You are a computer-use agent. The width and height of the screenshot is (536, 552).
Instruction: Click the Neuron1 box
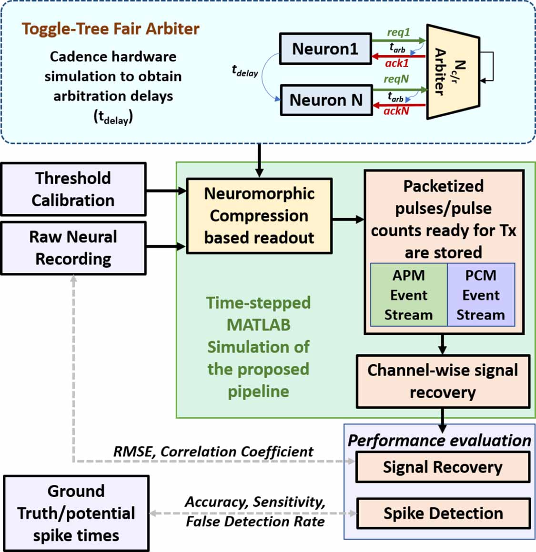pyautogui.click(x=325, y=49)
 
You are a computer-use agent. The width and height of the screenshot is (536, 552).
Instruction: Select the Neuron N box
pyautogui.click(x=326, y=100)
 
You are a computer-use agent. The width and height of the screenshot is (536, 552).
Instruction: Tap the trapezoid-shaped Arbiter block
pyautogui.click(x=450, y=71)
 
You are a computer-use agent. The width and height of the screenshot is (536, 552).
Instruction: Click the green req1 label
pyautogui.click(x=398, y=32)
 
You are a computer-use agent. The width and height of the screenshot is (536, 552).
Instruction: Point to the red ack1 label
pyautogui.click(x=396, y=63)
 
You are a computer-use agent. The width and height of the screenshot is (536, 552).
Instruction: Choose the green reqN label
pyautogui.click(x=396, y=79)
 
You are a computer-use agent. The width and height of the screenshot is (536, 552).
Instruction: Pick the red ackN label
pyautogui.click(x=396, y=111)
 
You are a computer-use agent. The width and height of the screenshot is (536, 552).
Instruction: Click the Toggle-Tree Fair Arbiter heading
pyautogui.click(x=111, y=29)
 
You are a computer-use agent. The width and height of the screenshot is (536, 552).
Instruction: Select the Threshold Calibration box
pyautogui.click(x=73, y=189)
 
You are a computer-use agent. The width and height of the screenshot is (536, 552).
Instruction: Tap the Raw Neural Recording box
pyautogui.click(x=73, y=248)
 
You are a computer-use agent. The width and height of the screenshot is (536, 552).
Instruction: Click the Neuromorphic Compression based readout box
pyautogui.click(x=259, y=216)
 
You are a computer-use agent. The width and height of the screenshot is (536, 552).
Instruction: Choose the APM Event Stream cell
pyautogui.click(x=409, y=295)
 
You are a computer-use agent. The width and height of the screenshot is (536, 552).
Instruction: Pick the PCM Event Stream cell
pyautogui.click(x=481, y=295)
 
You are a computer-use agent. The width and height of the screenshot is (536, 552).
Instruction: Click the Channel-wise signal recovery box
pyautogui.click(x=443, y=381)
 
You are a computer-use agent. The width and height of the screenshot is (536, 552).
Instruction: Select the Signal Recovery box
pyautogui.click(x=443, y=467)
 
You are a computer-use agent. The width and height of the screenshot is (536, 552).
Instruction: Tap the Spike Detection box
pyautogui.click(x=443, y=513)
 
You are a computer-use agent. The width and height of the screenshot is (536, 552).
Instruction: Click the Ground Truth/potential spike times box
pyautogui.click(x=76, y=513)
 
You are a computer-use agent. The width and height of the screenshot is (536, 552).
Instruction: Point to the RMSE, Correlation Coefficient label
pyautogui.click(x=213, y=452)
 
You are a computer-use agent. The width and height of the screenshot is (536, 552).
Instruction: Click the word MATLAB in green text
pyautogui.click(x=258, y=325)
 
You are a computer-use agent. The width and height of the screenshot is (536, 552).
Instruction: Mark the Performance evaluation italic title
pyautogui.click(x=439, y=441)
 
